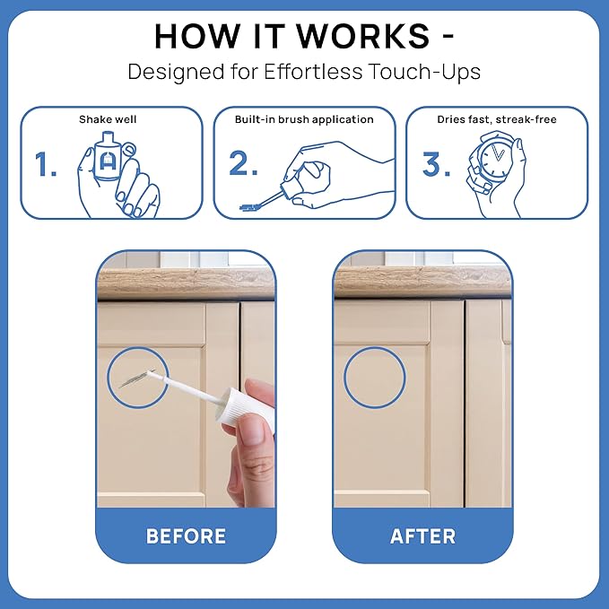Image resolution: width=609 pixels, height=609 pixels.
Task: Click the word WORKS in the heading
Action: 363,36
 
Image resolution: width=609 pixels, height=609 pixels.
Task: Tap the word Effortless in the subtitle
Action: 313,72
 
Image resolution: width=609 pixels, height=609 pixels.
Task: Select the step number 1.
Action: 45,164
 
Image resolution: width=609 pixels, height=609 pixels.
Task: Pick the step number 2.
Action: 243,163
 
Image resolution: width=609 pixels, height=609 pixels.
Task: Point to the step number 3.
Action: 436,164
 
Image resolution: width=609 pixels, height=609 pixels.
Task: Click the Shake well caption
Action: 108,119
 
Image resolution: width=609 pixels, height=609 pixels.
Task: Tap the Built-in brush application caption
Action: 304,119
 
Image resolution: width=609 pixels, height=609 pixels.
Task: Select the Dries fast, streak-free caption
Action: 497,119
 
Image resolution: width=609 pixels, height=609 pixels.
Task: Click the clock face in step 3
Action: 494,160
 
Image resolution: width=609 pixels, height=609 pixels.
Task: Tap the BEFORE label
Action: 186,536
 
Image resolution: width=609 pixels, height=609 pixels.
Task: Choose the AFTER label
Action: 422,536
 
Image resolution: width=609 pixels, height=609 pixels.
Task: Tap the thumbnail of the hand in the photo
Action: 251,430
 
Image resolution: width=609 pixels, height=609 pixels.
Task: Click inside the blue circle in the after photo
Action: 374,378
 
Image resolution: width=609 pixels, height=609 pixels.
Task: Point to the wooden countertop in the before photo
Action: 186,283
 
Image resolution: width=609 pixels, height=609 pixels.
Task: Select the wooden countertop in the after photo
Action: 422,282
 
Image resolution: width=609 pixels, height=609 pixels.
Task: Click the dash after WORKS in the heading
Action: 448,36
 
